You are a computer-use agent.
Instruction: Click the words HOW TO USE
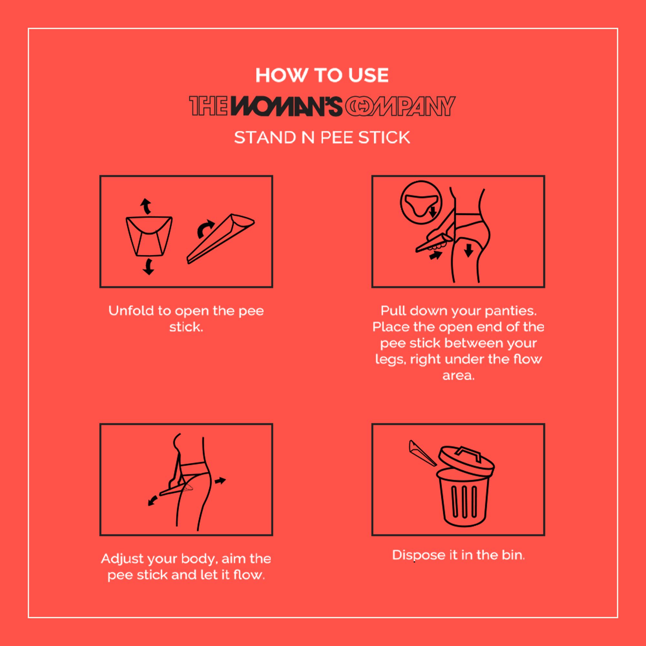322,75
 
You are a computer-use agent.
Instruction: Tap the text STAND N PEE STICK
322,137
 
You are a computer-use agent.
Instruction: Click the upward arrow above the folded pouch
145,206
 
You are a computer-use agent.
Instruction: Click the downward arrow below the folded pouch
148,266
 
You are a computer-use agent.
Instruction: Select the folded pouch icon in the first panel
149,236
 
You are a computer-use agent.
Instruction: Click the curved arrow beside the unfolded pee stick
205,228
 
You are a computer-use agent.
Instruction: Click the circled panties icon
421,203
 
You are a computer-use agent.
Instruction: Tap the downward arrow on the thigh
469,250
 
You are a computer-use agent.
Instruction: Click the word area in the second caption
458,376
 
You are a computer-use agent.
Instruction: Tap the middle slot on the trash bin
464,501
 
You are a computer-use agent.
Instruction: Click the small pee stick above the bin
422,453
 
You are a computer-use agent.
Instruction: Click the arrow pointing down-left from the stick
152,501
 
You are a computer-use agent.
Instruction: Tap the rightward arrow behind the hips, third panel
220,481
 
